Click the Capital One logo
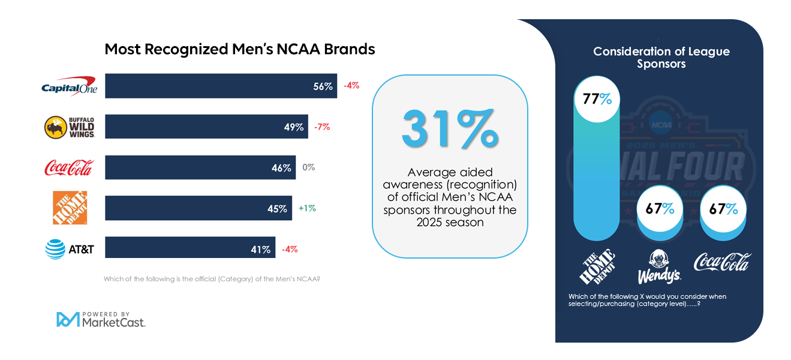69,86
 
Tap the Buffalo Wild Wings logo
69,127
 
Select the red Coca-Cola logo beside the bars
69,168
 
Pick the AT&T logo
70,249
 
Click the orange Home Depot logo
70,208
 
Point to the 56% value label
323,86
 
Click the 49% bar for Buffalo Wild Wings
206,127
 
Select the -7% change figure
321,127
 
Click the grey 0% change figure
309,167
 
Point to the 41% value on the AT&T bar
260,249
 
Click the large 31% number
450,128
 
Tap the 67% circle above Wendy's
660,209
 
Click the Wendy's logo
659,267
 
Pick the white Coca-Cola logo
722,262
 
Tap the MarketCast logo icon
68,319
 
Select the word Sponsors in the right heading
661,64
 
